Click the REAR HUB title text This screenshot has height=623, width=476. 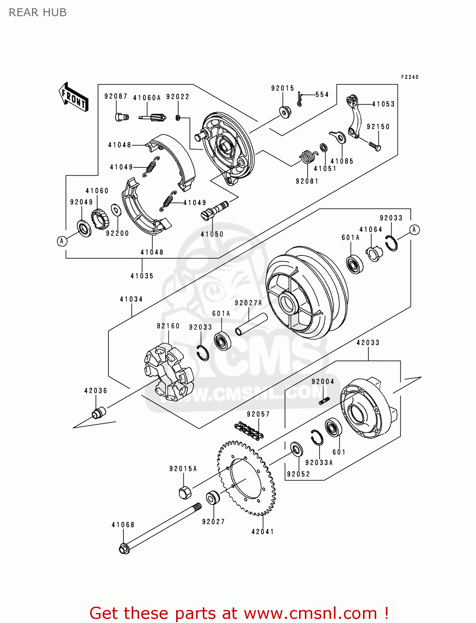pos(37,12)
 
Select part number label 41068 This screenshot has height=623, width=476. pos(123,525)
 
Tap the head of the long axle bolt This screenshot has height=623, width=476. pos(124,549)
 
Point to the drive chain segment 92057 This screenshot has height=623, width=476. pos(249,431)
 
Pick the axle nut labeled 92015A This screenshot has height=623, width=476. pos(185,492)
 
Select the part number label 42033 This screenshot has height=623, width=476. pos(368,343)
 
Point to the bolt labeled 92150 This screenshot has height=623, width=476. pos(374,146)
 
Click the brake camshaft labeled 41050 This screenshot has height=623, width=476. pos(214,210)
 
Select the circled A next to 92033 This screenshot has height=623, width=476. pos(414,230)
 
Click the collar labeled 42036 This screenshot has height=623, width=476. pos(99,413)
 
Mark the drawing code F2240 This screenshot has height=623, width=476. pos(410,77)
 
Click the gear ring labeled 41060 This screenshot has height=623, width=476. pos(99,218)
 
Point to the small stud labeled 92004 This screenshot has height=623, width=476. pos(325,400)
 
